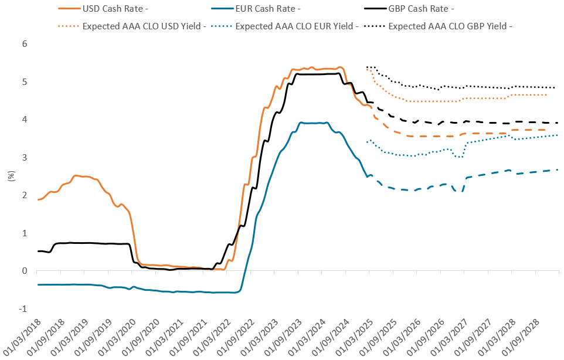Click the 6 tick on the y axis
pos(25,44)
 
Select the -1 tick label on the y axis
pos(23,309)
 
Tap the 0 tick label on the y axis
pos(25,271)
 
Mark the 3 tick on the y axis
pos(25,158)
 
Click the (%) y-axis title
pos(10,176)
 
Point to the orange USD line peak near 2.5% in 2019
pos(76,175)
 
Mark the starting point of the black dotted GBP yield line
pos(367,67)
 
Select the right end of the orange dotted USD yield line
pos(546,95)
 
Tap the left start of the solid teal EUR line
pos(38,284)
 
